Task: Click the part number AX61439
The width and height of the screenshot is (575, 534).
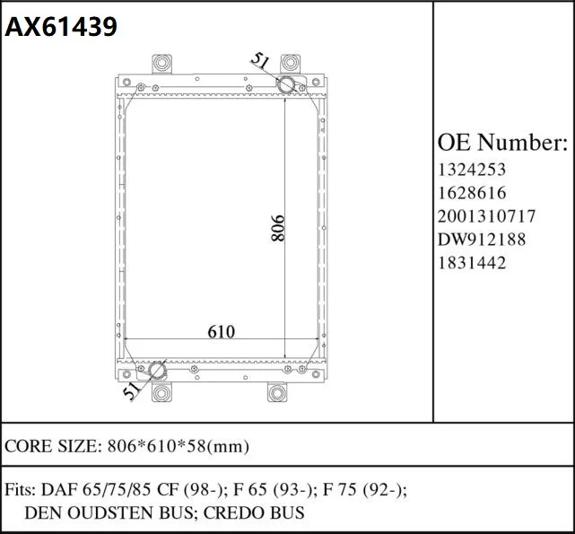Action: point(61,27)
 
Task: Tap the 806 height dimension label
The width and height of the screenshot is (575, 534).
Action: point(277,228)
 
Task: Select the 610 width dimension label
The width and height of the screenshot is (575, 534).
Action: point(221,332)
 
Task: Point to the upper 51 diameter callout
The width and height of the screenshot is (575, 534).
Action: point(260,61)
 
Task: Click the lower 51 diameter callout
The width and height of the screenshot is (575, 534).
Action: point(132,391)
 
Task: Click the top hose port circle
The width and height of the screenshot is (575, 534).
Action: point(286,85)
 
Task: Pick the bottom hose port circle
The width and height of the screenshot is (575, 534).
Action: point(157,370)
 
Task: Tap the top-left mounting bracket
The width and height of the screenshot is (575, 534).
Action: point(161,64)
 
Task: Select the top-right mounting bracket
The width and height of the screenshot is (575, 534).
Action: point(290,64)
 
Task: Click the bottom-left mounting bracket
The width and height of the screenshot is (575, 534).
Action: point(161,392)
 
